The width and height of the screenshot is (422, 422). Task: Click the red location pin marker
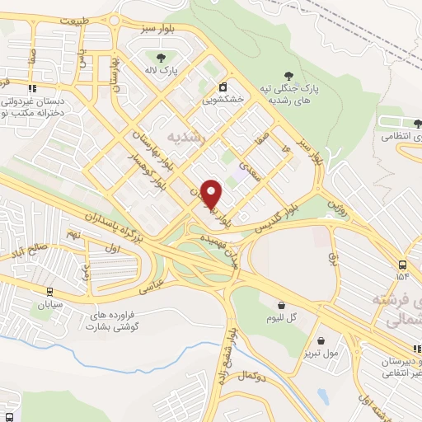tap(212, 193)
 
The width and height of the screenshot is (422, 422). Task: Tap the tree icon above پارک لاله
tap(160, 58)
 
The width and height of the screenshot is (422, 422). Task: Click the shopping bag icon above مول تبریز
tap(320, 340)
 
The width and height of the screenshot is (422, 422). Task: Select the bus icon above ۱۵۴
tap(402, 265)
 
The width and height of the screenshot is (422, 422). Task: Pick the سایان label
tap(49, 304)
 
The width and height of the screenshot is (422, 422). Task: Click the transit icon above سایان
tap(49, 291)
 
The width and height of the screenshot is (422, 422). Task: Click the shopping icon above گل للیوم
tap(270, 302)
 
